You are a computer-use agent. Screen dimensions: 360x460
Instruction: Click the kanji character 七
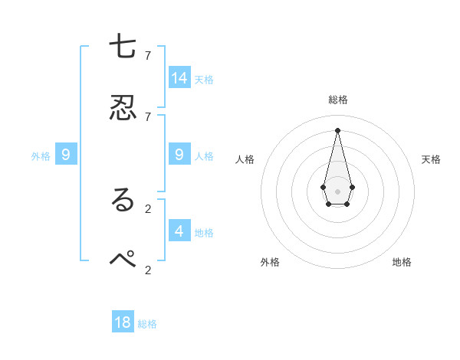(123, 47)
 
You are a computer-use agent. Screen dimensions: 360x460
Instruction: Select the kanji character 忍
(123, 108)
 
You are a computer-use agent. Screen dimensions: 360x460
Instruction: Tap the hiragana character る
(123, 200)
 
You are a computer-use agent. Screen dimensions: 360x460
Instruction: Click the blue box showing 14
(179, 77)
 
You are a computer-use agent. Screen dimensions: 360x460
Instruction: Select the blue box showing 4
(179, 230)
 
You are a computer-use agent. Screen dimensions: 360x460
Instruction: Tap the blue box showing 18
(123, 322)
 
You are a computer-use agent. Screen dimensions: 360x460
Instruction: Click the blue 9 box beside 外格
(66, 155)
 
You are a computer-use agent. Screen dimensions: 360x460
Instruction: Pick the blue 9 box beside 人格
(179, 155)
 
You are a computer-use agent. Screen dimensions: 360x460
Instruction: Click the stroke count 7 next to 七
(148, 55)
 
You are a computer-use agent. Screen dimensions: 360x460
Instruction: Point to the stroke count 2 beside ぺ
(148, 269)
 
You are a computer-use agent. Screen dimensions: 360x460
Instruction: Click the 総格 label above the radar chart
(337, 100)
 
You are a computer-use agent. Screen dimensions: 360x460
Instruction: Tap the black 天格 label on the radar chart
(431, 159)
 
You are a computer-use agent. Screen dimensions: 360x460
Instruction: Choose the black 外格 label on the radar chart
(270, 262)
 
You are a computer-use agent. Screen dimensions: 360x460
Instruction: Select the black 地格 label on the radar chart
(402, 262)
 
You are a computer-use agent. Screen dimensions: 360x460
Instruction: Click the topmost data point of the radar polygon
(337, 129)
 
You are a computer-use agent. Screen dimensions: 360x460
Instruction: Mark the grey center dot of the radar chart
(337, 191)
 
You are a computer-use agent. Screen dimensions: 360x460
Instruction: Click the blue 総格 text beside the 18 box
(147, 324)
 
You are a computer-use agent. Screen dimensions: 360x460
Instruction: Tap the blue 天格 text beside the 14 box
(204, 80)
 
